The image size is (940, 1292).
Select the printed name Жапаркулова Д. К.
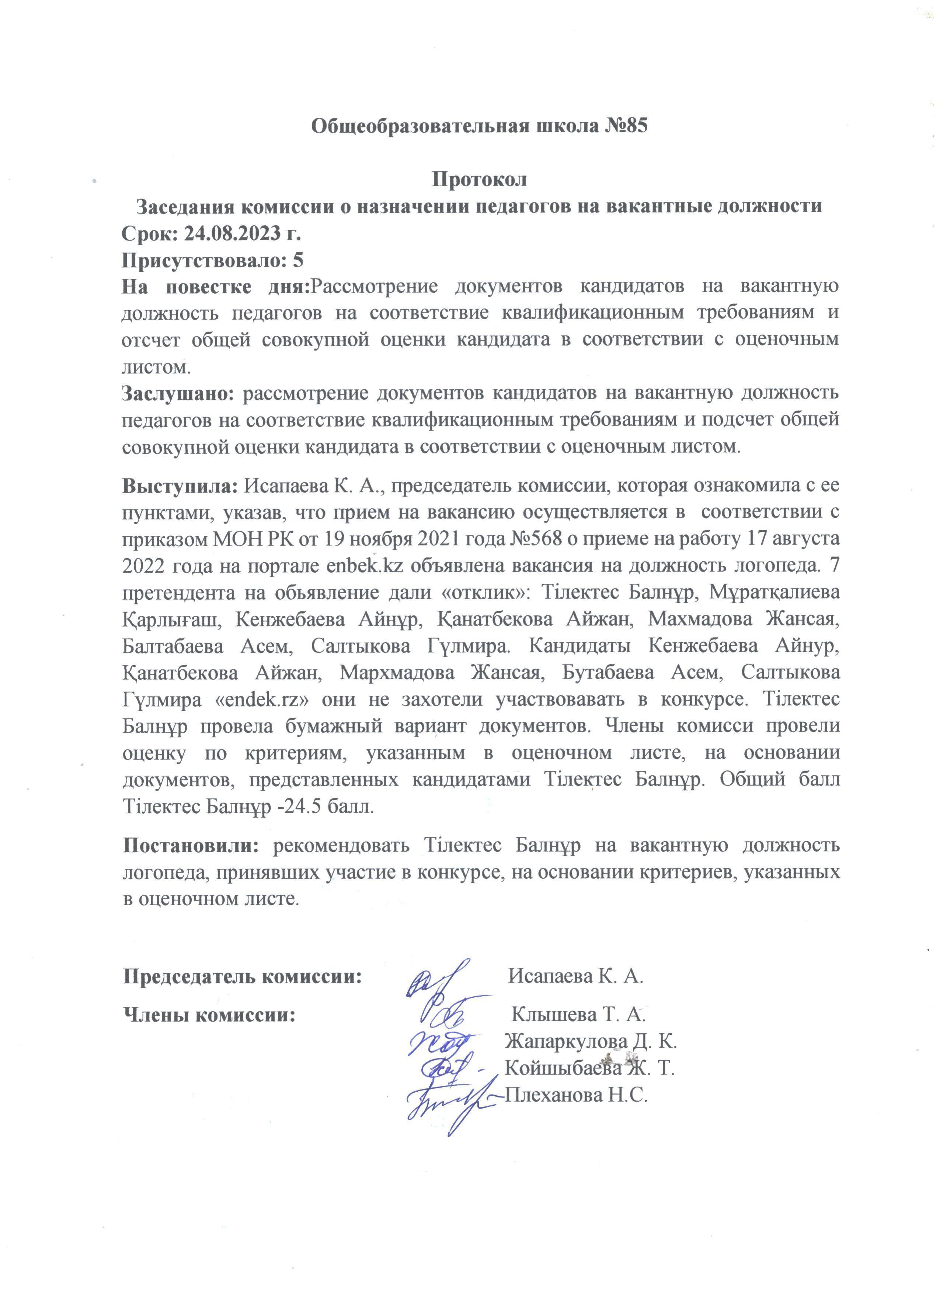coord(591,1041)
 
